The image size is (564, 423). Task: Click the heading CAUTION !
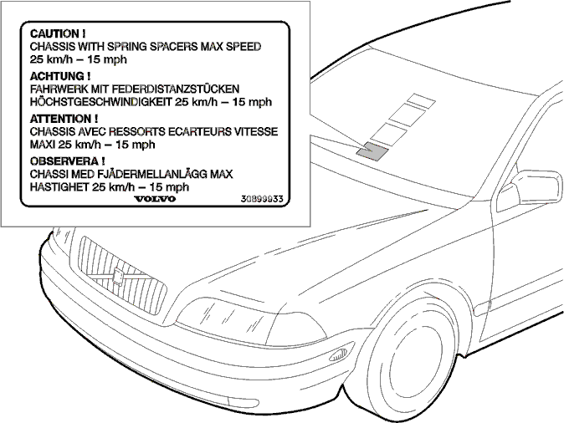point(58,33)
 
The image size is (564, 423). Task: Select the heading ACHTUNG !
point(60,76)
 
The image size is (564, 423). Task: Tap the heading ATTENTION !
point(64,119)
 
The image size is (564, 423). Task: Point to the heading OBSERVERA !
point(68,161)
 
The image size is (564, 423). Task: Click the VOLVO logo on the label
point(155,199)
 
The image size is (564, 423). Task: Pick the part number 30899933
point(262,199)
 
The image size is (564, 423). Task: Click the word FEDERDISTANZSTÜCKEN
point(179,89)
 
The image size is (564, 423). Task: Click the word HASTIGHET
point(59,187)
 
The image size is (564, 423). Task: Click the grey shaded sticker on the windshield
point(372,151)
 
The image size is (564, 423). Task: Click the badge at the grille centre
point(118,277)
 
